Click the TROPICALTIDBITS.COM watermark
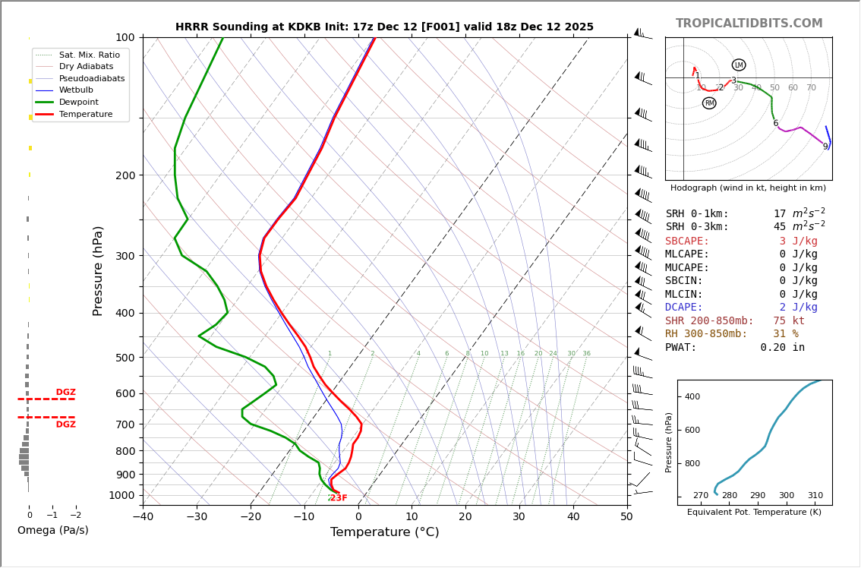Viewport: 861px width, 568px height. coord(749,24)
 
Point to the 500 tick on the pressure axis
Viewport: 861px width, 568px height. coord(125,358)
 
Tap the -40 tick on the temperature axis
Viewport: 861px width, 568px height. coord(143,517)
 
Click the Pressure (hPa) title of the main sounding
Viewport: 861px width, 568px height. coord(98,270)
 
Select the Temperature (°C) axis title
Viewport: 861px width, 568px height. coord(384,532)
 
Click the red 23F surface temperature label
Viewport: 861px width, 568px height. coord(339,498)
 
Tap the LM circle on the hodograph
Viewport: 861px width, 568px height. coord(739,65)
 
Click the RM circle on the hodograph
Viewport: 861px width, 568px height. coord(709,103)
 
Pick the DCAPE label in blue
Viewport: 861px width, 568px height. coord(684,308)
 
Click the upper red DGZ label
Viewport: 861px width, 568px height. coord(65,393)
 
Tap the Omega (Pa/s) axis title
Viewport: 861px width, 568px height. coord(52,530)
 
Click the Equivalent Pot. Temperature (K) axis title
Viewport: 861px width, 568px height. coord(754,512)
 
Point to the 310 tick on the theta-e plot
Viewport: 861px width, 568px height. coord(815,495)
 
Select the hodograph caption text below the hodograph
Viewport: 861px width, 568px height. coord(748,188)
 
